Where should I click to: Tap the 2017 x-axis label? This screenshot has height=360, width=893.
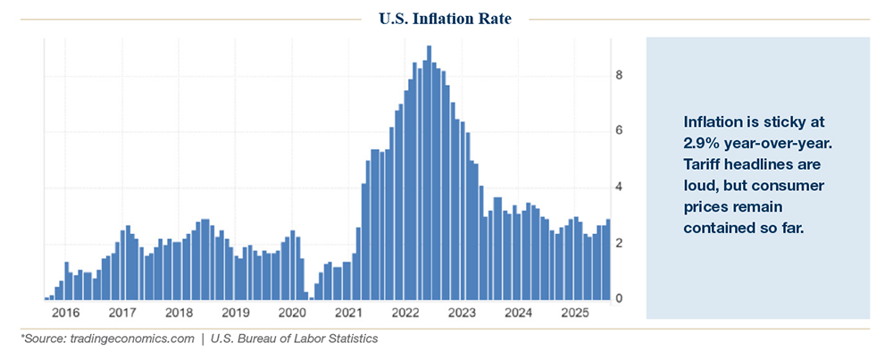(x=122, y=314)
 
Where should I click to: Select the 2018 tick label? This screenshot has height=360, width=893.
(x=179, y=314)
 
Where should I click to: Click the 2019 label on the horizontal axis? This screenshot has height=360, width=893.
(x=236, y=314)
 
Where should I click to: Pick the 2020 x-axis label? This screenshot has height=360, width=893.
(x=292, y=314)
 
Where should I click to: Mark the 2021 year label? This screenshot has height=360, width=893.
(x=349, y=314)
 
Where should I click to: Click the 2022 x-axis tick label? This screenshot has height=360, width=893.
(x=405, y=314)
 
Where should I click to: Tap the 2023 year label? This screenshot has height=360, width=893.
(x=462, y=314)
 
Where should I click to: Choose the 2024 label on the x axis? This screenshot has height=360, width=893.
(x=519, y=314)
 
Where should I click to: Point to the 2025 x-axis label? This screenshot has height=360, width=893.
(x=575, y=314)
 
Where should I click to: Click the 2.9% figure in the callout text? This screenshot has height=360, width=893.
(x=702, y=144)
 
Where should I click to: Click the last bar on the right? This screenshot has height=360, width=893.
(x=609, y=259)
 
